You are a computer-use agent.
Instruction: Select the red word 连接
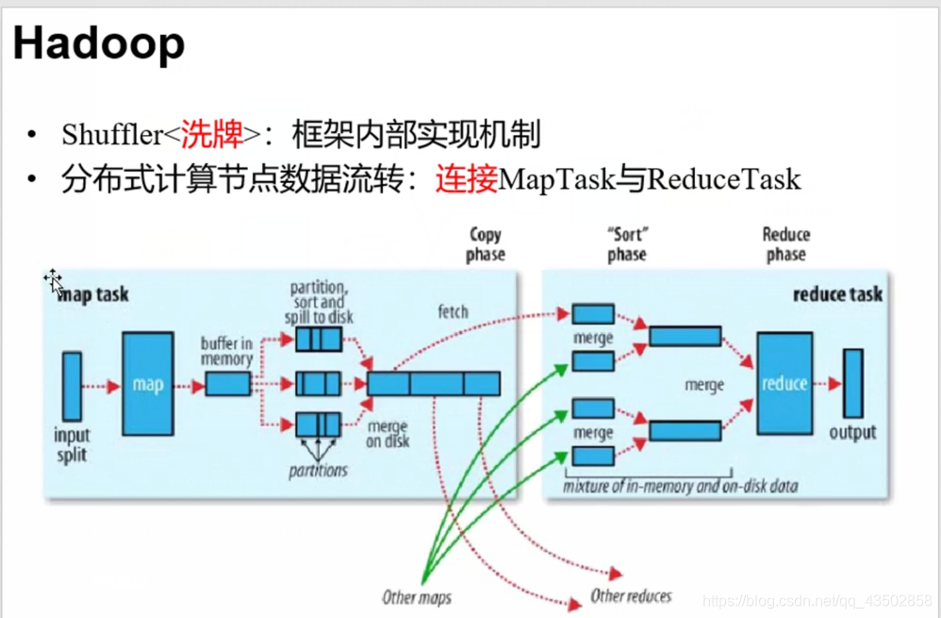pos(466,179)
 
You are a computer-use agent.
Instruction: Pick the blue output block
pos(852,383)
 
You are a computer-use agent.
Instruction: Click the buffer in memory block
pos(228,384)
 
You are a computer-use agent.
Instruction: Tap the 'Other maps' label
pos(417,596)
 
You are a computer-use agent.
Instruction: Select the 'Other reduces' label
pos(631,595)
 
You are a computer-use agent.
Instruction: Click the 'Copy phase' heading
pos(486,244)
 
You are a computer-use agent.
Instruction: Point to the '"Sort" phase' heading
pos(627,244)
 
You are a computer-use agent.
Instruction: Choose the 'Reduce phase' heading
pos(786,244)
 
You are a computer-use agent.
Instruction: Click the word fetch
pos(453,312)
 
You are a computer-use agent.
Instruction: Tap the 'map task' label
pos(93,295)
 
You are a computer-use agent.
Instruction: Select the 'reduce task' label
pos(837,294)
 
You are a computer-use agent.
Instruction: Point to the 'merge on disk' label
pos(388,434)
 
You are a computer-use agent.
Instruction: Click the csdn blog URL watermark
pos(818,600)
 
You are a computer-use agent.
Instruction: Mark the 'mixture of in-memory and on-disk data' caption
pos(681,487)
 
